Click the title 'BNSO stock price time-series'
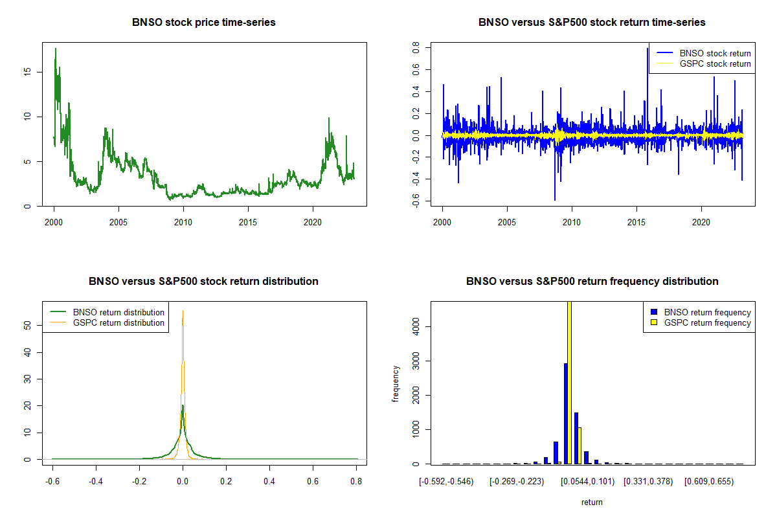click(204, 23)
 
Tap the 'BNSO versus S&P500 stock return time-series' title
click(592, 23)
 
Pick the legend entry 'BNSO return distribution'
click(118, 312)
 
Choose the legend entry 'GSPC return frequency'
click(708, 322)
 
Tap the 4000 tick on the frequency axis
click(416, 326)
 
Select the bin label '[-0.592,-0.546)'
click(446, 482)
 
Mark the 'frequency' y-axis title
click(396, 384)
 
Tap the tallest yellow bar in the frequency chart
click(570, 382)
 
